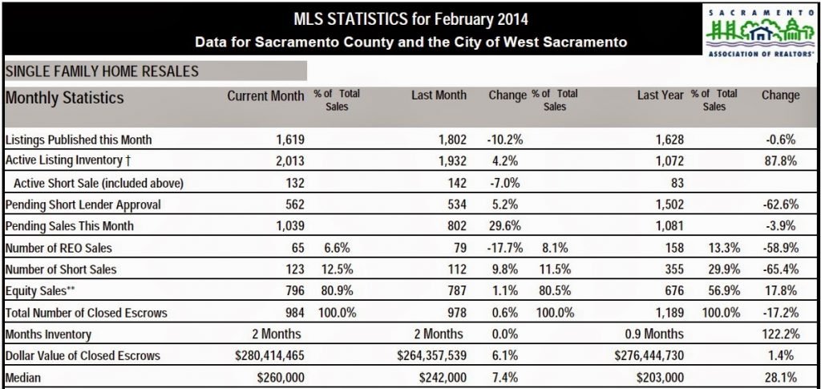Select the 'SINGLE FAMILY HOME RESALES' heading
[x=102, y=71]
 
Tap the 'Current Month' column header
[x=265, y=95]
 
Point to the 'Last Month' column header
[x=439, y=95]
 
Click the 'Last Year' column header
[x=660, y=95]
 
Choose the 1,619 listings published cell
[x=289, y=140]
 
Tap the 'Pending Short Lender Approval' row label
[x=83, y=205]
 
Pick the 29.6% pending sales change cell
[x=504, y=226]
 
